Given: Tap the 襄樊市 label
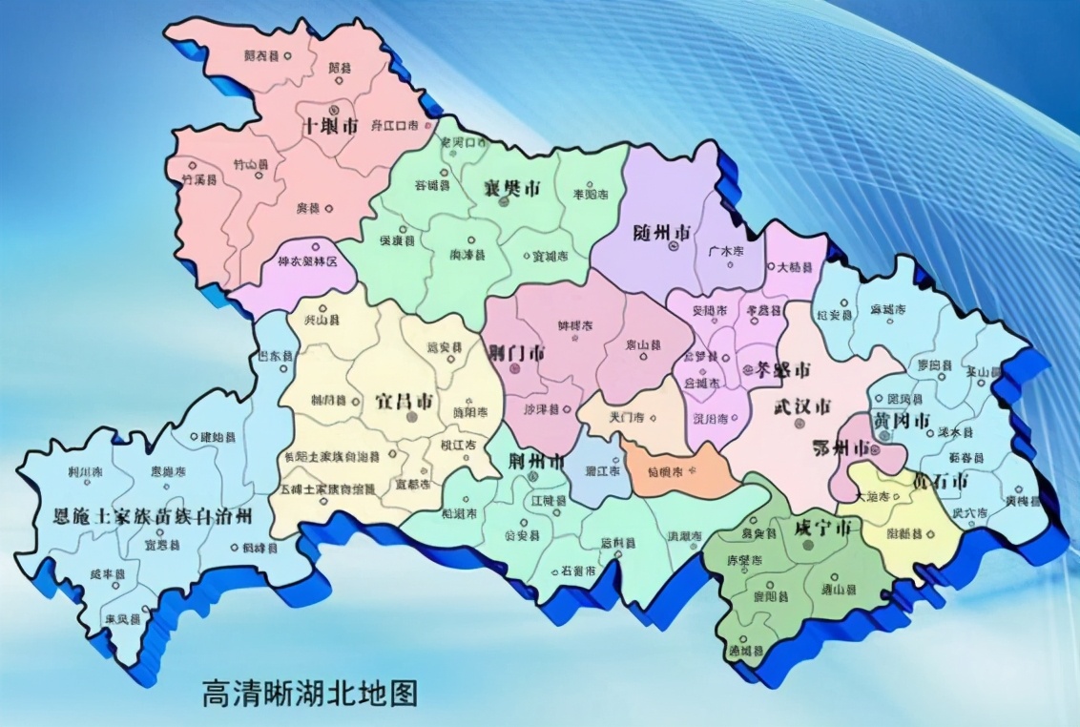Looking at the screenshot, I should [x=510, y=188].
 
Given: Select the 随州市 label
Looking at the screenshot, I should [x=662, y=232].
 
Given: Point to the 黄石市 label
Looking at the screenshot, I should [x=940, y=479].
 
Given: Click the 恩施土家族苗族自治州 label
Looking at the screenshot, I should [x=153, y=517].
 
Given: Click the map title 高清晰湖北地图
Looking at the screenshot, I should [x=310, y=692].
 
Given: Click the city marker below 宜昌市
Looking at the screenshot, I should [x=411, y=417].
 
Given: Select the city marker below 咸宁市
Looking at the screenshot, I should [x=809, y=545].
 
